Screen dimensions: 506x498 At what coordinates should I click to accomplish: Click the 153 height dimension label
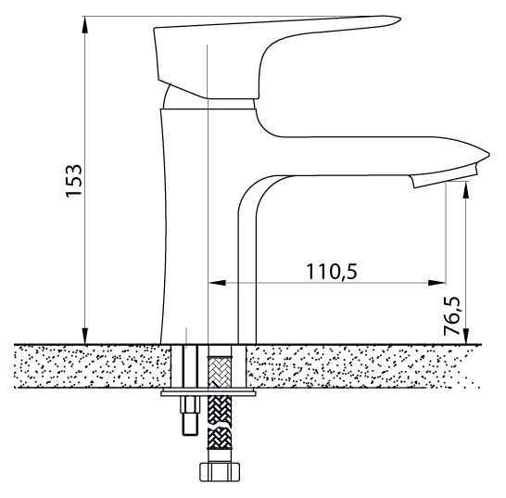pos(73,181)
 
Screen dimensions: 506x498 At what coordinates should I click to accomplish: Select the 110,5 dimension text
pos(332,272)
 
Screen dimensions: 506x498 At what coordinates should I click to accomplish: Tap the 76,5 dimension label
pos(451,315)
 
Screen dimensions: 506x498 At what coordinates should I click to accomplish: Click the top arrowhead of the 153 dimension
pos(85,24)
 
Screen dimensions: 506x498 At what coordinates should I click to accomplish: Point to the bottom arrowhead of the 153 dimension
pos(85,337)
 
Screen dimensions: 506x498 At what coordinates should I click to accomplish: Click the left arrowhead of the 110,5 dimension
pos(218,283)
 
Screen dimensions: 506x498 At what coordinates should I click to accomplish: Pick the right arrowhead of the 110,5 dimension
pos(436,283)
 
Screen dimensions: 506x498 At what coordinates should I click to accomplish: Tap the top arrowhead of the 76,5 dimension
pos(465,190)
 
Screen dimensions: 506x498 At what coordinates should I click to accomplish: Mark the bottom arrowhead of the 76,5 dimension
pos(465,337)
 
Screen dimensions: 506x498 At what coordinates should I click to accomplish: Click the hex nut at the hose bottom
pos(220,472)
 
